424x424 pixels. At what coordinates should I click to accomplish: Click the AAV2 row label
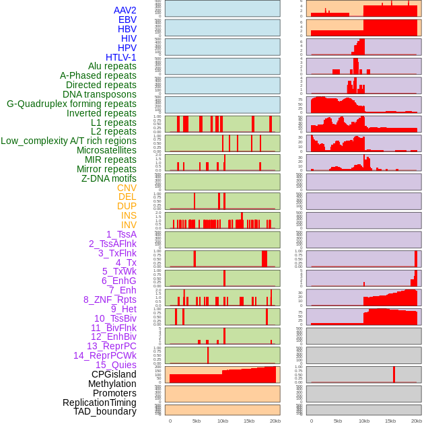pyautogui.click(x=125, y=10)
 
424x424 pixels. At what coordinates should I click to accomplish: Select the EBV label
pyautogui.click(x=127, y=20)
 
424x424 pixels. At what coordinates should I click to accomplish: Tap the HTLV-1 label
pyautogui.click(x=121, y=57)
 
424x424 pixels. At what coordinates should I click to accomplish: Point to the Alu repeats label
pyautogui.click(x=112, y=66)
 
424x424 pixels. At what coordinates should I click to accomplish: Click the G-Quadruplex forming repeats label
pyautogui.click(x=71, y=104)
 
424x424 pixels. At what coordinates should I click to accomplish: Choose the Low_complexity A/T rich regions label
pyautogui.click(x=69, y=141)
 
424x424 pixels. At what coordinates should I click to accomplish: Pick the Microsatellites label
pyautogui.click(x=106, y=150)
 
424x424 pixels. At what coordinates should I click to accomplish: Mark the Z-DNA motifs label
pyautogui.click(x=109, y=178)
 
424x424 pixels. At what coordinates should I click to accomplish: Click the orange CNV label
pyautogui.click(x=127, y=188)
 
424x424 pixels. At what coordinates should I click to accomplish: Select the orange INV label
pyautogui.click(x=129, y=225)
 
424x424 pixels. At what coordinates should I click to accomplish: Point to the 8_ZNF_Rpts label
pyautogui.click(x=110, y=299)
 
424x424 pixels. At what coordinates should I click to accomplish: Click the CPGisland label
pyautogui.click(x=114, y=374)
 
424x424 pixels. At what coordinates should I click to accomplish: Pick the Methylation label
pyautogui.click(x=112, y=384)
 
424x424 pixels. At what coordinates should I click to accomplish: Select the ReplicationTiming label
pyautogui.click(x=100, y=402)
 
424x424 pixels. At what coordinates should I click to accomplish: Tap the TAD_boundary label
pyautogui.click(x=105, y=411)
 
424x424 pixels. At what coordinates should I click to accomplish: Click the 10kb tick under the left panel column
pyautogui.click(x=222, y=421)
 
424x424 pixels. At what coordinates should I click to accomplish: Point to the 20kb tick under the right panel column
pyautogui.click(x=417, y=421)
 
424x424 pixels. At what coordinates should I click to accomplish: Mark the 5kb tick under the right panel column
pyautogui.click(x=338, y=421)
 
